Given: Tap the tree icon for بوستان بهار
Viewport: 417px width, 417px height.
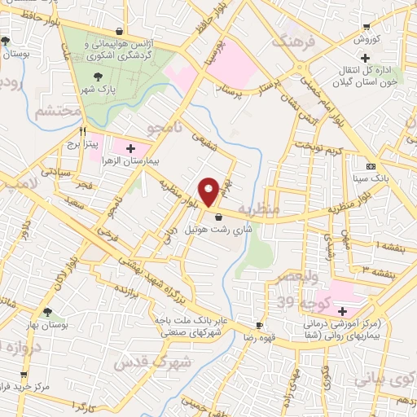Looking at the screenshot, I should coord(48,312).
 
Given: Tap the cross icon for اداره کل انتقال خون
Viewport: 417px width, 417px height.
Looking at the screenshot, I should coord(366,58).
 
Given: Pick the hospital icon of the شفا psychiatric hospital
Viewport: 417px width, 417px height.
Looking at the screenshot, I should coord(343,311).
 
